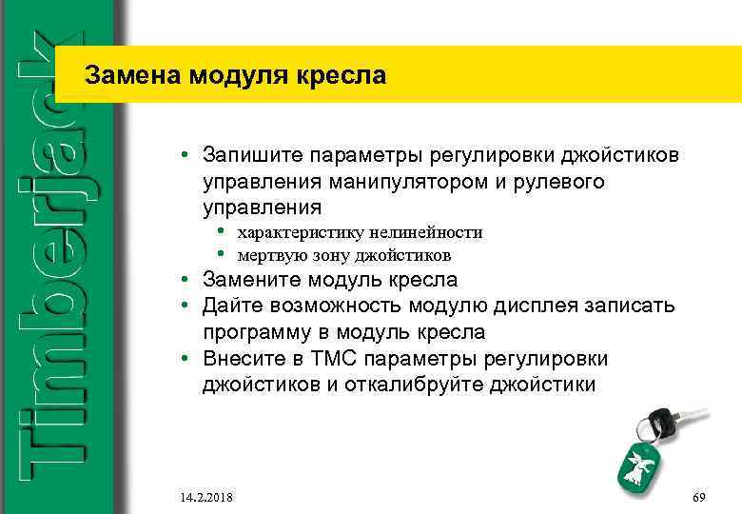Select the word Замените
[251, 281]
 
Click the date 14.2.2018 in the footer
[203, 498]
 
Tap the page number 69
[699, 498]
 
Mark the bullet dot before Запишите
[190, 155]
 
